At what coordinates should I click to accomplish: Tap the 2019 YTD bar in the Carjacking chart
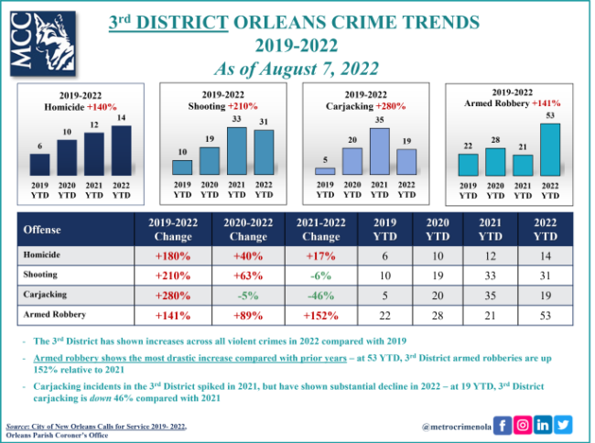(x=325, y=170)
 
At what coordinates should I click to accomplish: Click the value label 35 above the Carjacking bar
(x=378, y=121)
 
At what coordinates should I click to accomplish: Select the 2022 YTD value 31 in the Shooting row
(x=546, y=274)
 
